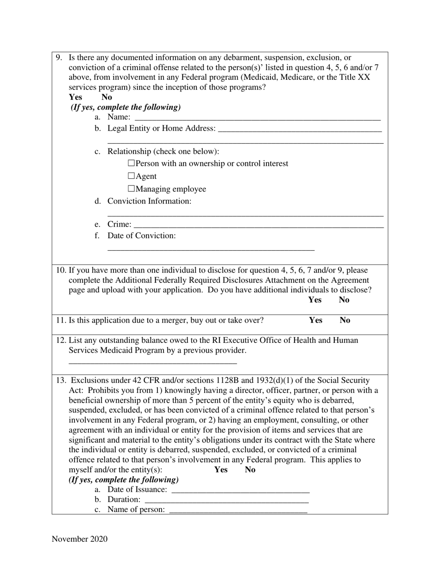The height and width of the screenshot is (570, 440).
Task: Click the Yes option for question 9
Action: (x=75, y=97)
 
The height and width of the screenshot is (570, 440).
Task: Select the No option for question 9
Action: (x=107, y=97)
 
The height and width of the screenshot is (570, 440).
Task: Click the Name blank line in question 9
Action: (x=256, y=118)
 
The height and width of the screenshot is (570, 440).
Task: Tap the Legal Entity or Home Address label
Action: (x=161, y=128)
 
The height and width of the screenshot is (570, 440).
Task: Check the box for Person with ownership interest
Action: (x=131, y=163)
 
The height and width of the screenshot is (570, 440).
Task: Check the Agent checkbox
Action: (x=131, y=176)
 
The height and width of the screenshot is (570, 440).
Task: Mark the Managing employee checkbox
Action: (x=131, y=189)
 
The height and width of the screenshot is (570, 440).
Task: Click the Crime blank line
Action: (x=258, y=225)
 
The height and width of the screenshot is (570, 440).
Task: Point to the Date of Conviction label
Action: (x=141, y=235)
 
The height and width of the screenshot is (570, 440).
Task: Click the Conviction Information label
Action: (x=149, y=201)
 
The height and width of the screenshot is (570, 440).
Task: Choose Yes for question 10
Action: (x=315, y=300)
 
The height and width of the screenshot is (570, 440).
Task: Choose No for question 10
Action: (x=344, y=300)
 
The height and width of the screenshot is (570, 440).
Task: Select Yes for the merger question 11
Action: (x=316, y=320)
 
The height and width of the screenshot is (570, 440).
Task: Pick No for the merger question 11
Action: (x=345, y=320)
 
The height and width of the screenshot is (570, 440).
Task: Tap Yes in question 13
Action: (x=221, y=469)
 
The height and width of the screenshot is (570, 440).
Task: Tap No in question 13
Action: (x=250, y=469)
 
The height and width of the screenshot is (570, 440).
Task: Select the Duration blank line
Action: (x=226, y=500)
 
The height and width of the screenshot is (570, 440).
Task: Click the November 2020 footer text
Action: (x=80, y=538)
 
